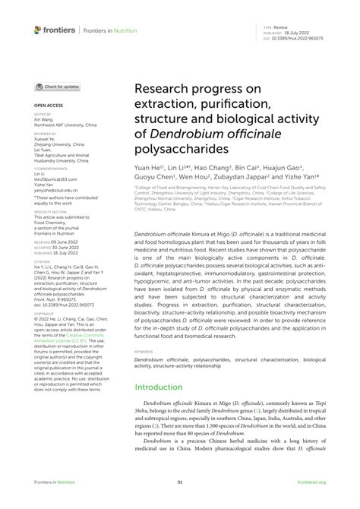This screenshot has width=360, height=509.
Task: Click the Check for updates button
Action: (57, 87)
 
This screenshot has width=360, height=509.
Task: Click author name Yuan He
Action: (150, 168)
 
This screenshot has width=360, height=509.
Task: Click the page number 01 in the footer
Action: (180, 482)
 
